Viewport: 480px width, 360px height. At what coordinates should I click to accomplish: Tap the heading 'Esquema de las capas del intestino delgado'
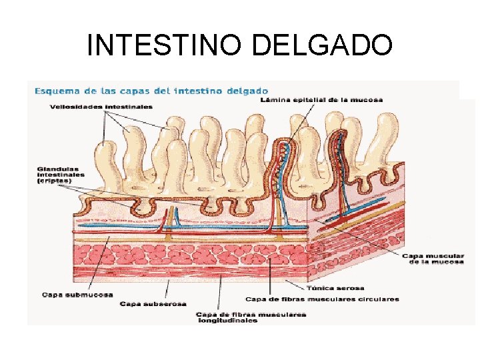[151, 91]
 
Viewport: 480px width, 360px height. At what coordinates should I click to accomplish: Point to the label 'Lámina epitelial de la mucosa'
[321, 100]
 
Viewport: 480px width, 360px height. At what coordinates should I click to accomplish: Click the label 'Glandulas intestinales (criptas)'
[61, 175]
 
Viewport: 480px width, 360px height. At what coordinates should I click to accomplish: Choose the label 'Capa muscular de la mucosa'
[433, 259]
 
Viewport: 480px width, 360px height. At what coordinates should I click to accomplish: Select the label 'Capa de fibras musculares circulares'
[322, 299]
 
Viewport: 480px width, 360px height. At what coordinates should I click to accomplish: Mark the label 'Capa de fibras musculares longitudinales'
[251, 317]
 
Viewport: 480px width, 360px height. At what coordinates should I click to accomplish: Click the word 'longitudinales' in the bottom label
[227, 321]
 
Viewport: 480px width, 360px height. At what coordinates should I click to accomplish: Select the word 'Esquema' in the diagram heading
[55, 91]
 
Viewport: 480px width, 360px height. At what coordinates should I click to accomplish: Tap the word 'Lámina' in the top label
[271, 100]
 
